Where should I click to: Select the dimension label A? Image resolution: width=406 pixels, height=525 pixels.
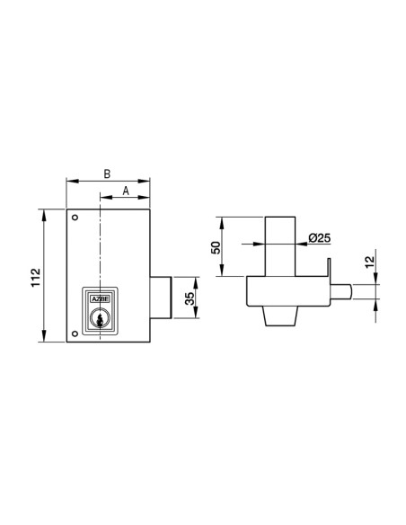125,191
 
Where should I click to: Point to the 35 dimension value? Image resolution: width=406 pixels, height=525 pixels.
190,298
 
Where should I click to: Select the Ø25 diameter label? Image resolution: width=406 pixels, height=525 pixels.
321,237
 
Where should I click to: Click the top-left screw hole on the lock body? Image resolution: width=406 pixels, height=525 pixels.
75,217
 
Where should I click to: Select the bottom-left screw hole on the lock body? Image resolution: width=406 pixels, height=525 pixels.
75,334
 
